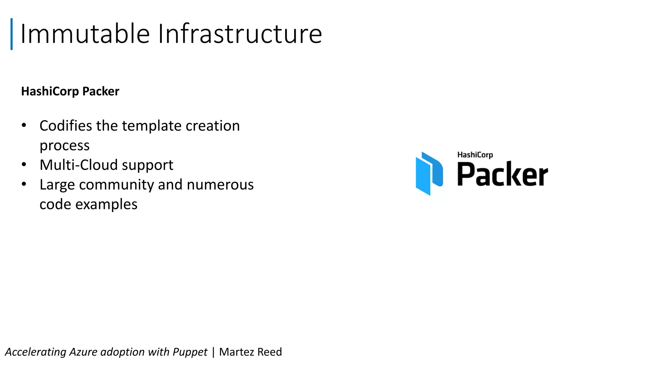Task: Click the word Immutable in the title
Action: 85,34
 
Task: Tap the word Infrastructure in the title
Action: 240,34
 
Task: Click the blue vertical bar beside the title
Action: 11,34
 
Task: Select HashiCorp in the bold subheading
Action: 50,91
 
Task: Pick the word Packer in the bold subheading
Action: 101,91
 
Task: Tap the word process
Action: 65,146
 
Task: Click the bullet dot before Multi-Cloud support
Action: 24,165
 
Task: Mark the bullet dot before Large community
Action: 24,184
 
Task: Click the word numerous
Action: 220,185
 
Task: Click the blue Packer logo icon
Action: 429,173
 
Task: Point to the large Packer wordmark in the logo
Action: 503,174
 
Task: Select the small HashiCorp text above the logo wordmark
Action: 475,155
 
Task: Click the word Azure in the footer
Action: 83,352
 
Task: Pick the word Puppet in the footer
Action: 190,352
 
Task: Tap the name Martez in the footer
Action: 237,352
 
